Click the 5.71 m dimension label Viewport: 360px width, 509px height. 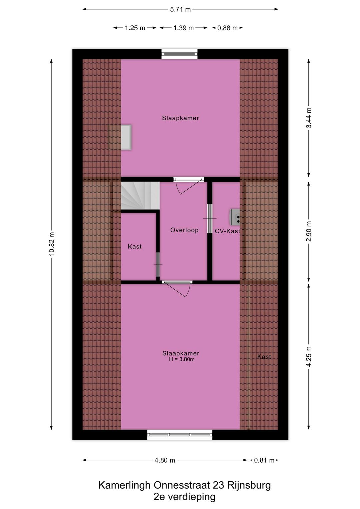pos(180,9)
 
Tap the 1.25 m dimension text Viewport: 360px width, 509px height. pos(135,28)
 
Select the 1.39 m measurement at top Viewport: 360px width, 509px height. pos(183,28)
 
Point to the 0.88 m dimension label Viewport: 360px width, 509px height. pos(227,28)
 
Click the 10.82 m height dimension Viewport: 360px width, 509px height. pos(51,244)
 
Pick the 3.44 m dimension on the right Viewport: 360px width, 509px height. pos(309,118)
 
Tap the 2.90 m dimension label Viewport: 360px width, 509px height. pos(309,231)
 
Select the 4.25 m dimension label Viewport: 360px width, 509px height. pos(309,356)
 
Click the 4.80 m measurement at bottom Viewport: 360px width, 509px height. pos(165,460)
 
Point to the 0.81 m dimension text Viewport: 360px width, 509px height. pos(264,460)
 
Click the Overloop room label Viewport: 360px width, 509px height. pos(184,230)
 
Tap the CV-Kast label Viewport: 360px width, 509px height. pos(227,231)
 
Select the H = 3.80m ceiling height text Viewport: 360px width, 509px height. pos(182,360)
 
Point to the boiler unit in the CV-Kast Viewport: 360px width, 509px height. pos(235,217)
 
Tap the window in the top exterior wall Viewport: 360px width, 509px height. pos(179,54)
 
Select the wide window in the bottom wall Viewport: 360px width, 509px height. pos(180,434)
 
